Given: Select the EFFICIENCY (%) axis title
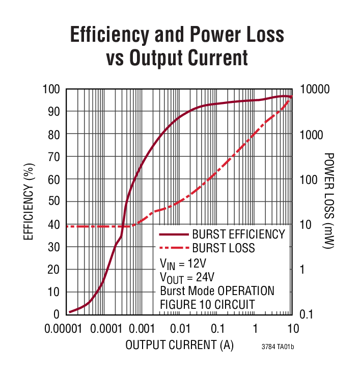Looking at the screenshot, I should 28,201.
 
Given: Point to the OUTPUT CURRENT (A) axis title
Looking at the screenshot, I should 179,345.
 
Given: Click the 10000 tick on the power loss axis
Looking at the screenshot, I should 315,89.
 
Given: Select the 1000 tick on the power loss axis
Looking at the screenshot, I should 312,135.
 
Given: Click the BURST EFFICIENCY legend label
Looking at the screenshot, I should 238,234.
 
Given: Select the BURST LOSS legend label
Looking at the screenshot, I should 224,248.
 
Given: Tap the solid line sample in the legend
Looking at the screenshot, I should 173,235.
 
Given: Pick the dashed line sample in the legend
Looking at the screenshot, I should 173,249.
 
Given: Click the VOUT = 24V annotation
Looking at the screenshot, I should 187,277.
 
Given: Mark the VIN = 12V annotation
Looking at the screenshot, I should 183,263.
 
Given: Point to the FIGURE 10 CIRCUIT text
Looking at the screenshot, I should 207,304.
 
